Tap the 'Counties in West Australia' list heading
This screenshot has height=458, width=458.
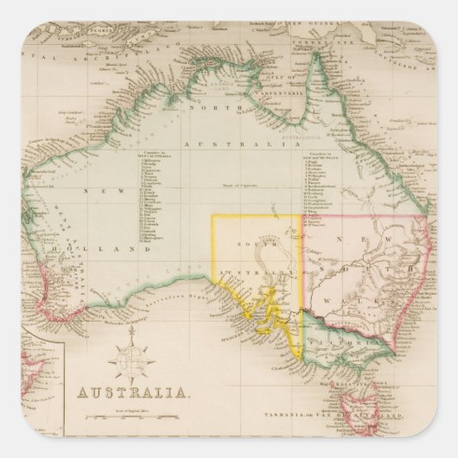157,149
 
